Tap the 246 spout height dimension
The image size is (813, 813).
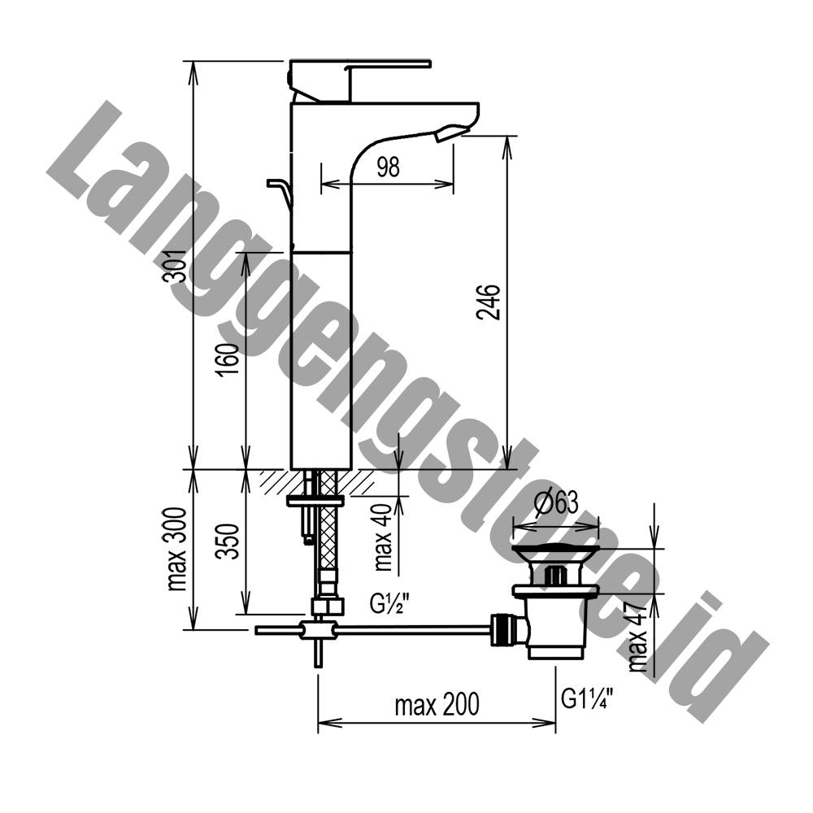489,302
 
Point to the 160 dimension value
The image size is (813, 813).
228,359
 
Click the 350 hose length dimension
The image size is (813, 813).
228,541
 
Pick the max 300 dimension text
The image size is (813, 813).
177,549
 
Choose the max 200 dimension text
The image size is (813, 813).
437,705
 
